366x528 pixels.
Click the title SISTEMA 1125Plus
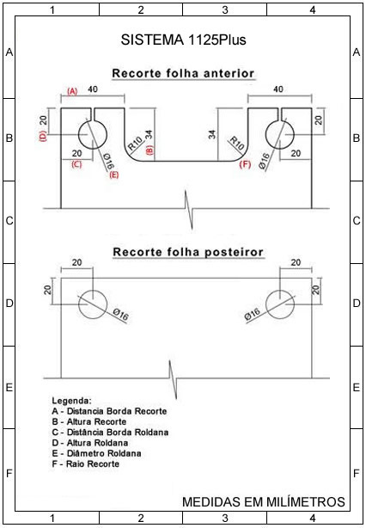point(183,40)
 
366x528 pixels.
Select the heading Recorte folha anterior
point(183,73)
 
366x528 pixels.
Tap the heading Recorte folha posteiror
point(188,252)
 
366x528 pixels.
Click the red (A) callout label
point(72,91)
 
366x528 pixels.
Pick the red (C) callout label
point(77,165)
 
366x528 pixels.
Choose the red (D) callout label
point(44,137)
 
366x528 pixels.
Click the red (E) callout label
point(114,175)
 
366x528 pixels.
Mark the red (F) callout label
point(245,164)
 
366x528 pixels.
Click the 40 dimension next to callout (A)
point(93,89)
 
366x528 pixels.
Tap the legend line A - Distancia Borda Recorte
point(109,411)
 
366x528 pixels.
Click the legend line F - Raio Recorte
point(86,464)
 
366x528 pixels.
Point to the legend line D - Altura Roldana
point(90,443)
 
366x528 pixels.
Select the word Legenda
point(71,401)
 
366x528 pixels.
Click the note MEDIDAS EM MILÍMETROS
point(264,501)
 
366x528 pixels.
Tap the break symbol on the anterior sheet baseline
point(189,210)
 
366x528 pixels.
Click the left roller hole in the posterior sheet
point(93,304)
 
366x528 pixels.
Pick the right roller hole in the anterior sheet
point(280,135)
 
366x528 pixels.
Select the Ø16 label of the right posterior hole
point(253,314)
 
